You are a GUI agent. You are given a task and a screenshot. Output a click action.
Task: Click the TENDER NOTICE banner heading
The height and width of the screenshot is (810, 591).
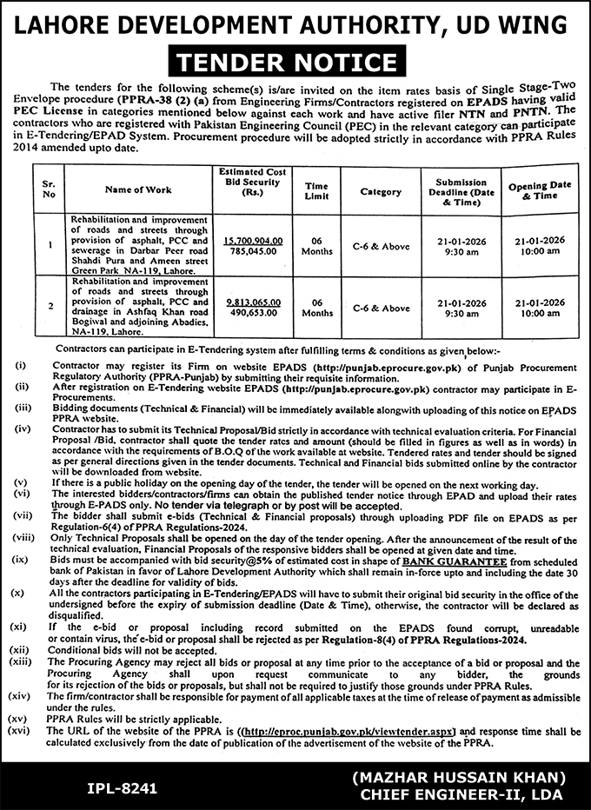295,62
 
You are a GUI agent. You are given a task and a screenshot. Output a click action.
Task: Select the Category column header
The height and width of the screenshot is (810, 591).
381,190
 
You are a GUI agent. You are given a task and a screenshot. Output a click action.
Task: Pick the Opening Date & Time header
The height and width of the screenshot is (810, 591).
539,191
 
